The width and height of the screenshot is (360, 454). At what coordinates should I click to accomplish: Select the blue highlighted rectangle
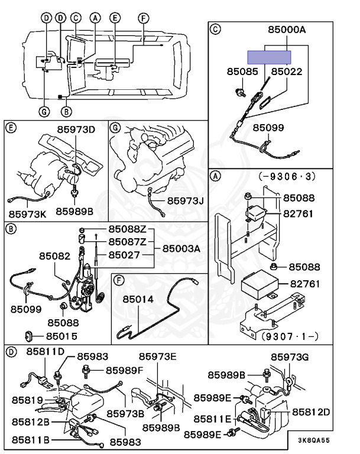269,57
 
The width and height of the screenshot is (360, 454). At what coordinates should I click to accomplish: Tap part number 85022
287,72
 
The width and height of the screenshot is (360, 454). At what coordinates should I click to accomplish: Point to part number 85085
242,72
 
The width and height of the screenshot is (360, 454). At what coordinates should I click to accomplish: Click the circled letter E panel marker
10,127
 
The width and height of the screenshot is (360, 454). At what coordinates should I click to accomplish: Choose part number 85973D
76,129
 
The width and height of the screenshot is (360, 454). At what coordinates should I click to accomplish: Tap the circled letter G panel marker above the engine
115,127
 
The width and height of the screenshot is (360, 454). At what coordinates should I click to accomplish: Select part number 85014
138,300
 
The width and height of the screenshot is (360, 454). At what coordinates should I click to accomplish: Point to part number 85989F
124,370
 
